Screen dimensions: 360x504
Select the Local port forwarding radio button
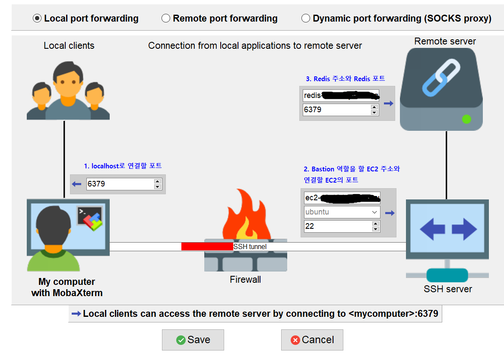pyautogui.click(x=37, y=19)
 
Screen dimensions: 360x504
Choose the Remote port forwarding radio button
pyautogui.click(x=166, y=19)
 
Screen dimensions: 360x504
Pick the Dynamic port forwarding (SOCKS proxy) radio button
pyautogui.click(x=306, y=19)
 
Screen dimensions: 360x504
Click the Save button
pyautogui.click(x=193, y=340)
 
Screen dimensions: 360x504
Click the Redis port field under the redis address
pyautogui.click(x=336, y=110)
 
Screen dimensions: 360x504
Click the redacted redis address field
pyautogui.click(x=341, y=95)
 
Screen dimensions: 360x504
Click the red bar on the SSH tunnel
pyautogui.click(x=207, y=246)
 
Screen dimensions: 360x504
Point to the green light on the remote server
pyautogui.click(x=466, y=119)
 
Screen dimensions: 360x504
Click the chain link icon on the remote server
pyautogui.click(x=441, y=78)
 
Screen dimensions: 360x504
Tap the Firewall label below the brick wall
pyautogui.click(x=245, y=280)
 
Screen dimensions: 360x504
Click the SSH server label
pyautogui.click(x=447, y=289)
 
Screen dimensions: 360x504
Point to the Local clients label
pyautogui.click(x=69, y=46)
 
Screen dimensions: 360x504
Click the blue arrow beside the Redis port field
pyautogui.click(x=388, y=103)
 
